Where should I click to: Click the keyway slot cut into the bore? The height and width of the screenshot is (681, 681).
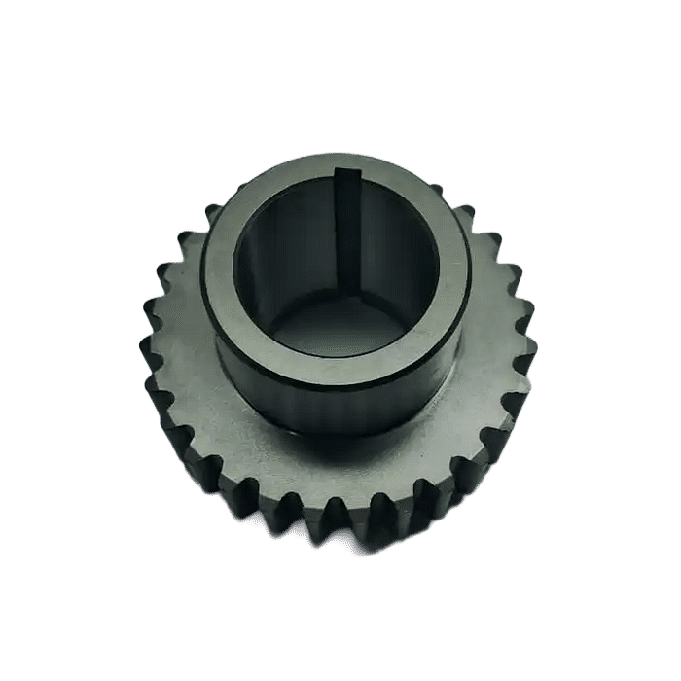click(346, 233)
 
